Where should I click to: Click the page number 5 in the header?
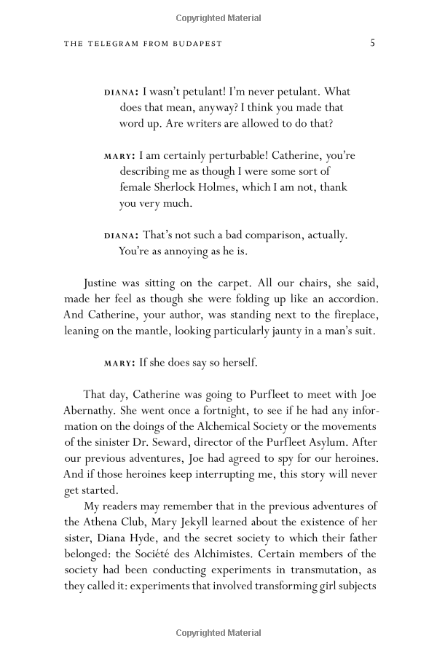pos(372,43)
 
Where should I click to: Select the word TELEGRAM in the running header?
pos(117,44)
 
